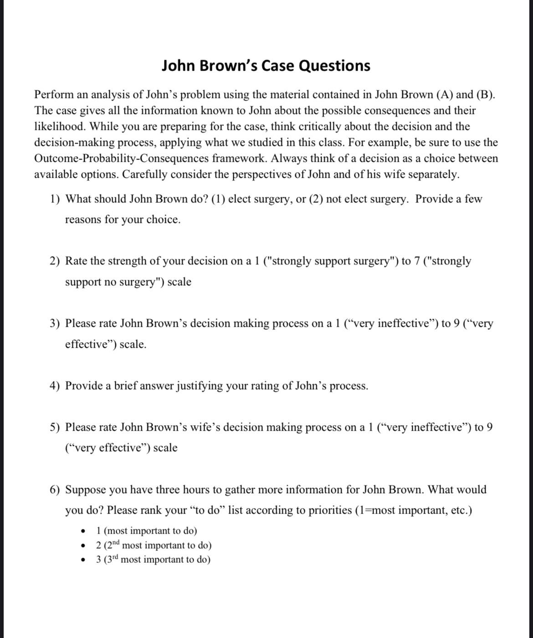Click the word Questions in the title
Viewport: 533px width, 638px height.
click(x=334, y=66)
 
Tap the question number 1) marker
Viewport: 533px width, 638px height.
click(x=55, y=199)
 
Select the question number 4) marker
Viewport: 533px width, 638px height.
click(x=55, y=386)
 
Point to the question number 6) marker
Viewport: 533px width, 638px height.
click(x=55, y=490)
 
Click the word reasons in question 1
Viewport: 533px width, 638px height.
click(x=83, y=220)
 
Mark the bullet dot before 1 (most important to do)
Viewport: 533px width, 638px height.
click(x=83, y=531)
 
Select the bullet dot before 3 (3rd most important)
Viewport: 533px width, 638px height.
click(x=83, y=560)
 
